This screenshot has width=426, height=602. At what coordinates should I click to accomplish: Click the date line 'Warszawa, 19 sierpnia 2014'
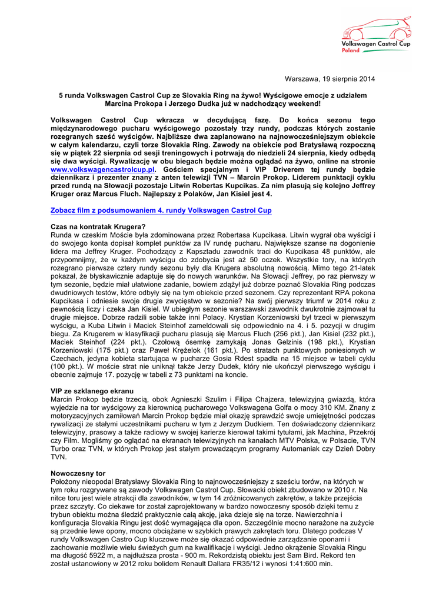coord(330,79)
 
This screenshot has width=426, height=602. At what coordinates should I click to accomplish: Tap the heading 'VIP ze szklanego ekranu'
coord(92,391)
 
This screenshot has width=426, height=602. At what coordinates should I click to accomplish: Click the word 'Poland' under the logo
coord(351,51)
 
